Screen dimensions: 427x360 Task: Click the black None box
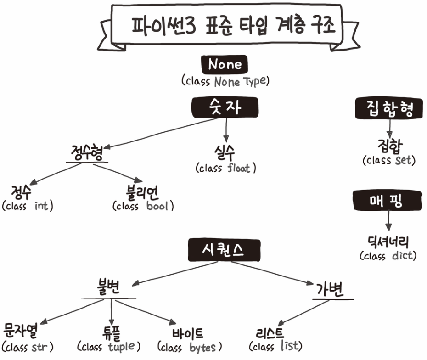[x=225, y=65]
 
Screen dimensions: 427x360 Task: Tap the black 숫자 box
[x=225, y=108]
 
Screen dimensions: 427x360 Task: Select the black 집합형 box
[x=388, y=109]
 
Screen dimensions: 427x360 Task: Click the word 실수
[x=225, y=152]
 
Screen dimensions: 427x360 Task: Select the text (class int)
[x=28, y=206]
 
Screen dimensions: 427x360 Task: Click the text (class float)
[x=225, y=168]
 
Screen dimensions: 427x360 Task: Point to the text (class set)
[x=389, y=160]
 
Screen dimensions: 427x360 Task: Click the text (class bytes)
[x=190, y=345]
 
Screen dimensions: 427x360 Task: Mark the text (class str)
[x=28, y=345]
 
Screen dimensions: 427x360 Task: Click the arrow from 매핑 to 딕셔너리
[x=388, y=220]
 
